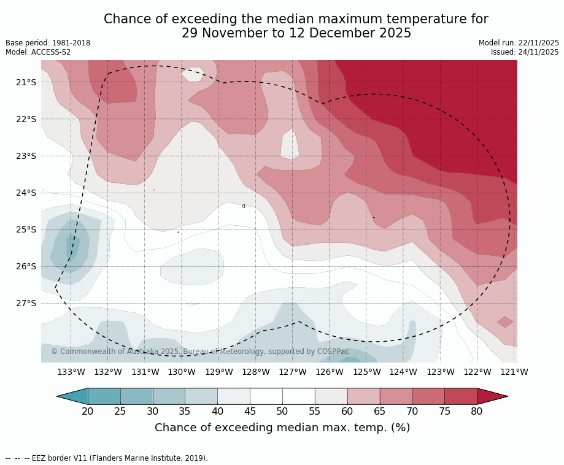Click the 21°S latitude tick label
point(26,82)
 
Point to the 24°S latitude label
point(26,193)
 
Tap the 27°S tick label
point(26,303)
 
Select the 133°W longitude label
point(71,372)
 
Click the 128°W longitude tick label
point(256,372)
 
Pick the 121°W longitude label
point(514,372)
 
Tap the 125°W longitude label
point(366,372)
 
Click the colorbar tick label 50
point(282,411)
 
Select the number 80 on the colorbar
point(477,411)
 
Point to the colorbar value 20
point(88,411)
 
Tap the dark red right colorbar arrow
point(491,396)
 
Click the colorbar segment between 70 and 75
point(428,396)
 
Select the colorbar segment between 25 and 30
point(136,396)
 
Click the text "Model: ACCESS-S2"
point(38,52)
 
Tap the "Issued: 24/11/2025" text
point(525,52)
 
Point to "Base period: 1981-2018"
point(48,43)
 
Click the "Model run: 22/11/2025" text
point(519,43)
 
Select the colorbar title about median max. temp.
point(282,428)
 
